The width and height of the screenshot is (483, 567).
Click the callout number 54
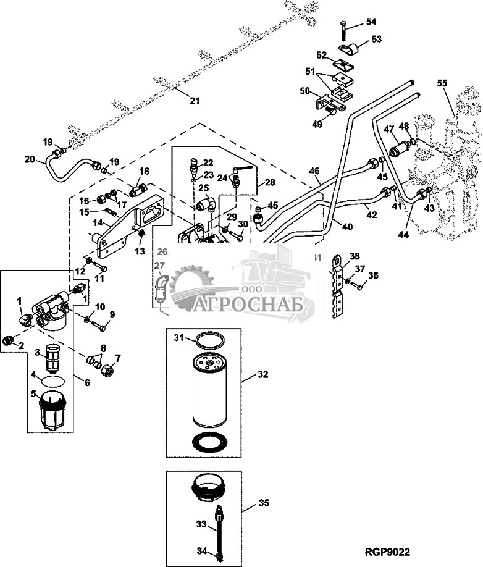pyautogui.click(x=371, y=22)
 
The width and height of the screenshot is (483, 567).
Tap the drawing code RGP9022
pyautogui.click(x=387, y=552)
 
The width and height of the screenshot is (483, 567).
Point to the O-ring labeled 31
pyautogui.click(x=208, y=339)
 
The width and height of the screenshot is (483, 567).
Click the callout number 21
pyautogui.click(x=195, y=100)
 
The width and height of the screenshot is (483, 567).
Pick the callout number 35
pyautogui.click(x=264, y=503)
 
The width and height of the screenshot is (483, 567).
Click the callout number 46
pyautogui.click(x=314, y=170)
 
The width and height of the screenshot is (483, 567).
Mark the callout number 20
pyautogui.click(x=30, y=159)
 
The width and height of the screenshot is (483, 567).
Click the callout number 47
pyautogui.click(x=389, y=129)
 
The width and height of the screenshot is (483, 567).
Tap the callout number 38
pyautogui.click(x=354, y=256)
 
